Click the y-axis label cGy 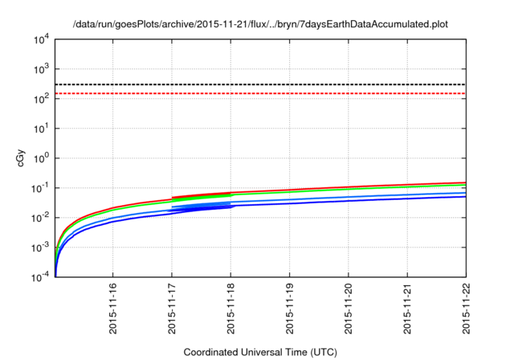click(22, 158)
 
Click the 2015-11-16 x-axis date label click(113, 309)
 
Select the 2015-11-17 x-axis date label click(172, 309)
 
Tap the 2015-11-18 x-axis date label click(231, 309)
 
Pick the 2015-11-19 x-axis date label click(290, 309)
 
